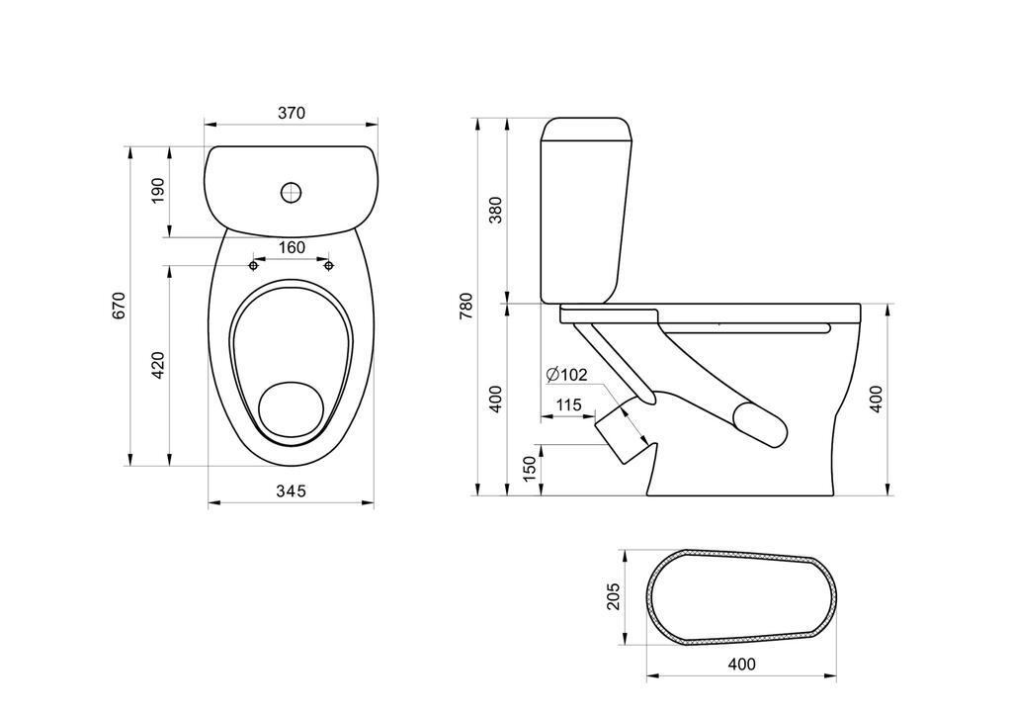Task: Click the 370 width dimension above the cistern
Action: point(291,113)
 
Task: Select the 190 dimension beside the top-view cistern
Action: point(158,191)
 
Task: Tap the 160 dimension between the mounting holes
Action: point(292,248)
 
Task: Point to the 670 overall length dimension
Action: point(120,306)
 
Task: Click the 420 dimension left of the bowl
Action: point(158,365)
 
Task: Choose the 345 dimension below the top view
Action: point(291,491)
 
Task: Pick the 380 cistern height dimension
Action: point(496,210)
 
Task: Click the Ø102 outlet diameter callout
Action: point(567,374)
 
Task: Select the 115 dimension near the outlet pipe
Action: point(568,404)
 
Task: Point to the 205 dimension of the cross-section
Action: point(613,595)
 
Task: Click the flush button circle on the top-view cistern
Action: point(291,192)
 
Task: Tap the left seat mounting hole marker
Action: point(254,265)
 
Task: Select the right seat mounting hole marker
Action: point(329,265)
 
